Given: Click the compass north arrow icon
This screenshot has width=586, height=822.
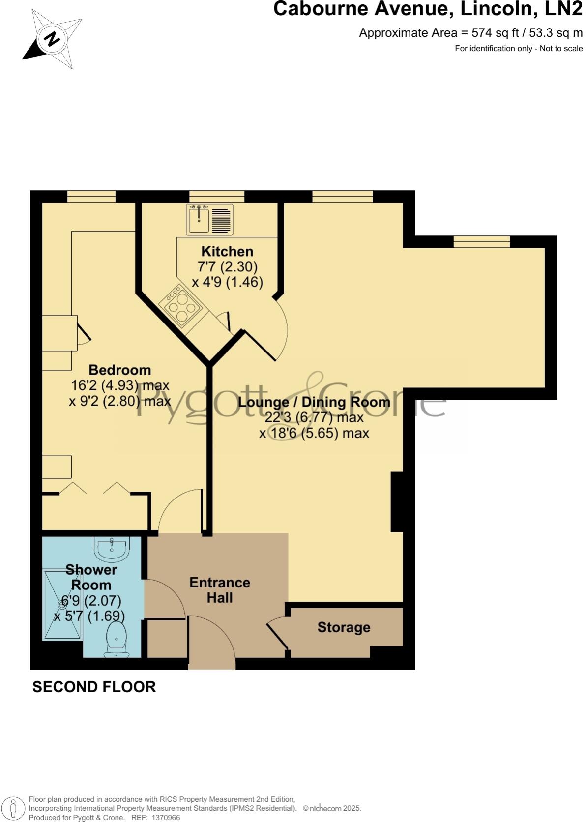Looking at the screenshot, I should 52,38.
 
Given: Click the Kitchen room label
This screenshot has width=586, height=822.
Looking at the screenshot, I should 227,252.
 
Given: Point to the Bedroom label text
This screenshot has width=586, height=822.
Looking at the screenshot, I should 119,370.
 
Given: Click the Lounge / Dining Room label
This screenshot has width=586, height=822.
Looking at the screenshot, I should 314,402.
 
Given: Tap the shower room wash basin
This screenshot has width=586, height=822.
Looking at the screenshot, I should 112,548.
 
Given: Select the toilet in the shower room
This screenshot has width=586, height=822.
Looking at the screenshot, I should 117,638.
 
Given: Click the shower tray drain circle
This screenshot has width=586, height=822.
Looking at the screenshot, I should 63,602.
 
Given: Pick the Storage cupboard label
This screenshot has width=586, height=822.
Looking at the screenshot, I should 344,627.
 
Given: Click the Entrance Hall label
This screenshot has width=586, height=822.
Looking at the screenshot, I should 220,590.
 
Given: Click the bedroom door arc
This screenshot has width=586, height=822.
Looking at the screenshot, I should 179,509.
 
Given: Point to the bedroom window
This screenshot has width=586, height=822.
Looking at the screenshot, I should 91,196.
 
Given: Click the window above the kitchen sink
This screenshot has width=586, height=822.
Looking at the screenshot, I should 216,196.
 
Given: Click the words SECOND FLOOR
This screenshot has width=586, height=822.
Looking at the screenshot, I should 94,687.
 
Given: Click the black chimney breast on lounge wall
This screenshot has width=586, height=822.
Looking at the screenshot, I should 397,502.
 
